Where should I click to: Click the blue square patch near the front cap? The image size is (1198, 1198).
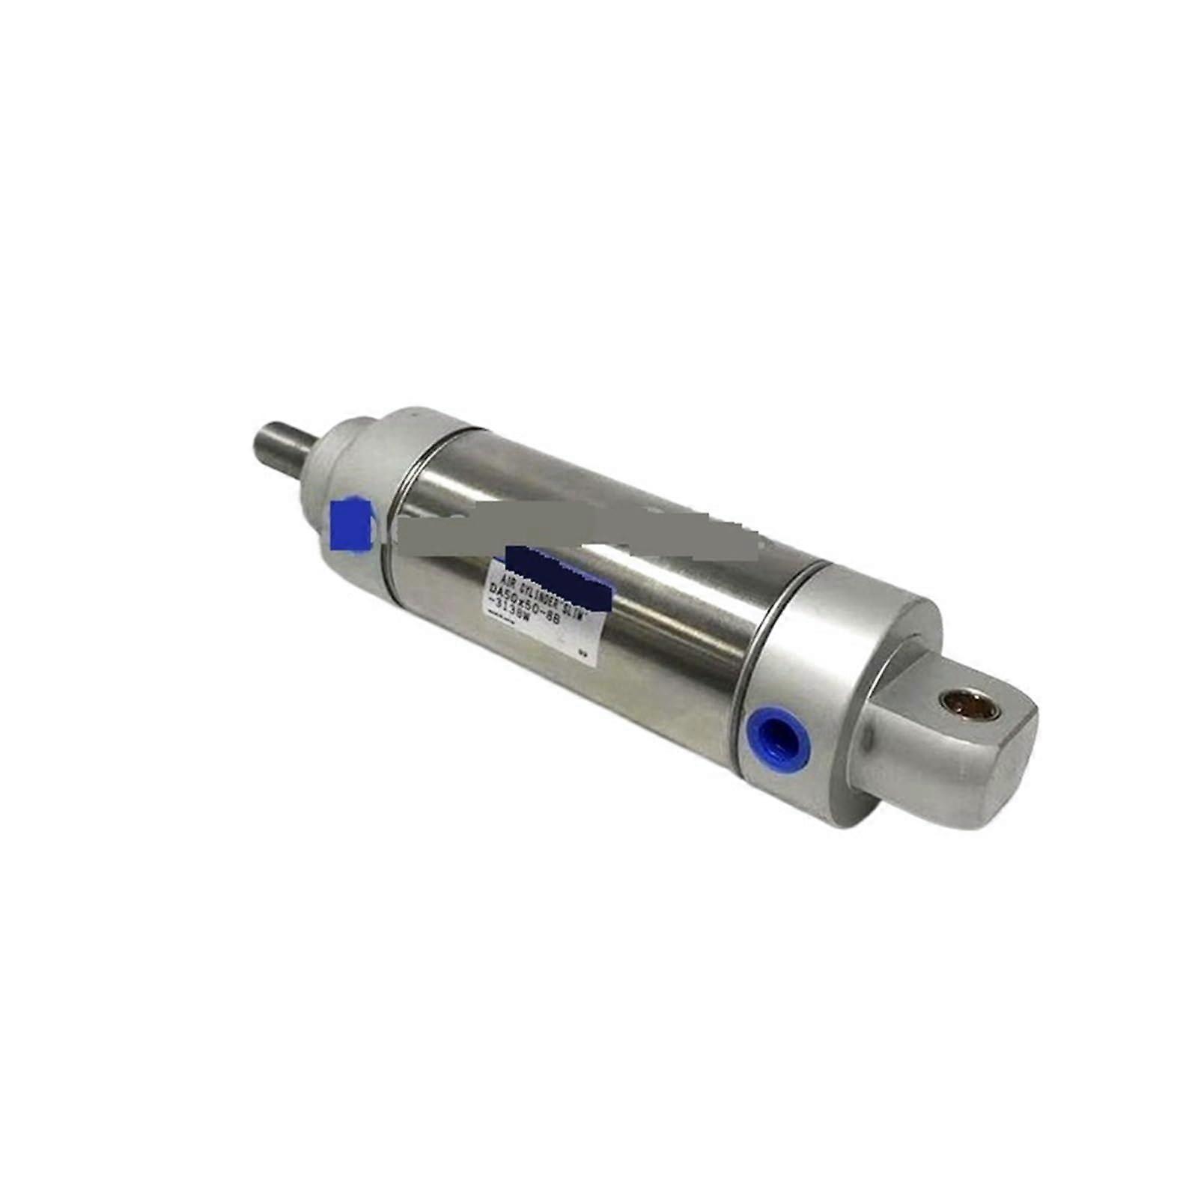tap(350, 524)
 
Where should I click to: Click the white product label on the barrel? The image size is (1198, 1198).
tap(547, 606)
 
